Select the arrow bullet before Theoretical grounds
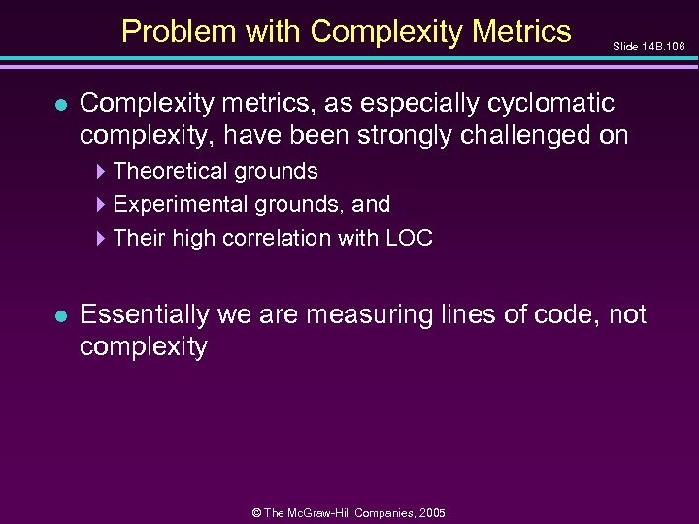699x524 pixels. pos(103,172)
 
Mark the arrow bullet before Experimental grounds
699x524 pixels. pos(103,205)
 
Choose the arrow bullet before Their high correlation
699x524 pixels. pos(103,238)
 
